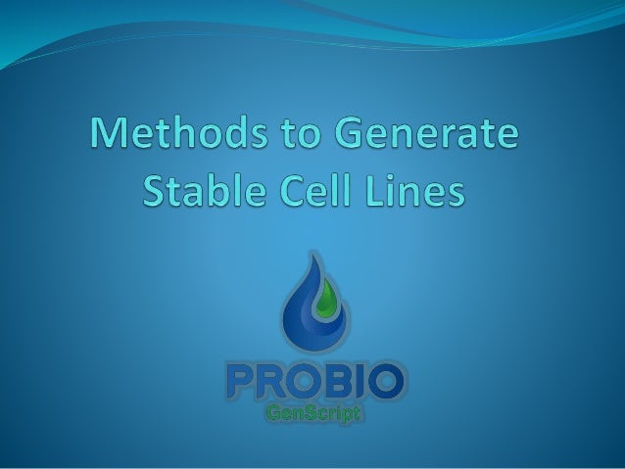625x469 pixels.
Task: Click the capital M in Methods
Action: [x=112, y=135]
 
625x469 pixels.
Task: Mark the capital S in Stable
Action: [x=158, y=190]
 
